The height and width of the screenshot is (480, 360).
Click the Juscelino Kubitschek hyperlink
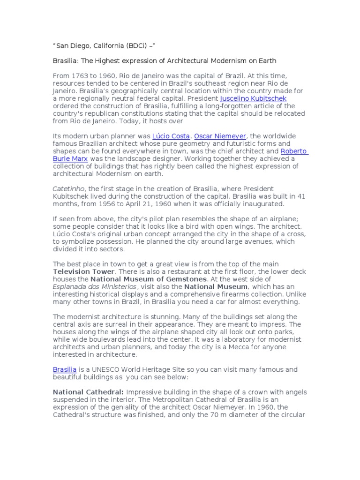[253, 98]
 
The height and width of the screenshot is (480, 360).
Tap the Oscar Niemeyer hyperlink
[220, 136]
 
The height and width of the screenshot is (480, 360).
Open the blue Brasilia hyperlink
[64, 369]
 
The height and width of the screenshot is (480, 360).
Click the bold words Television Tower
[83, 271]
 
